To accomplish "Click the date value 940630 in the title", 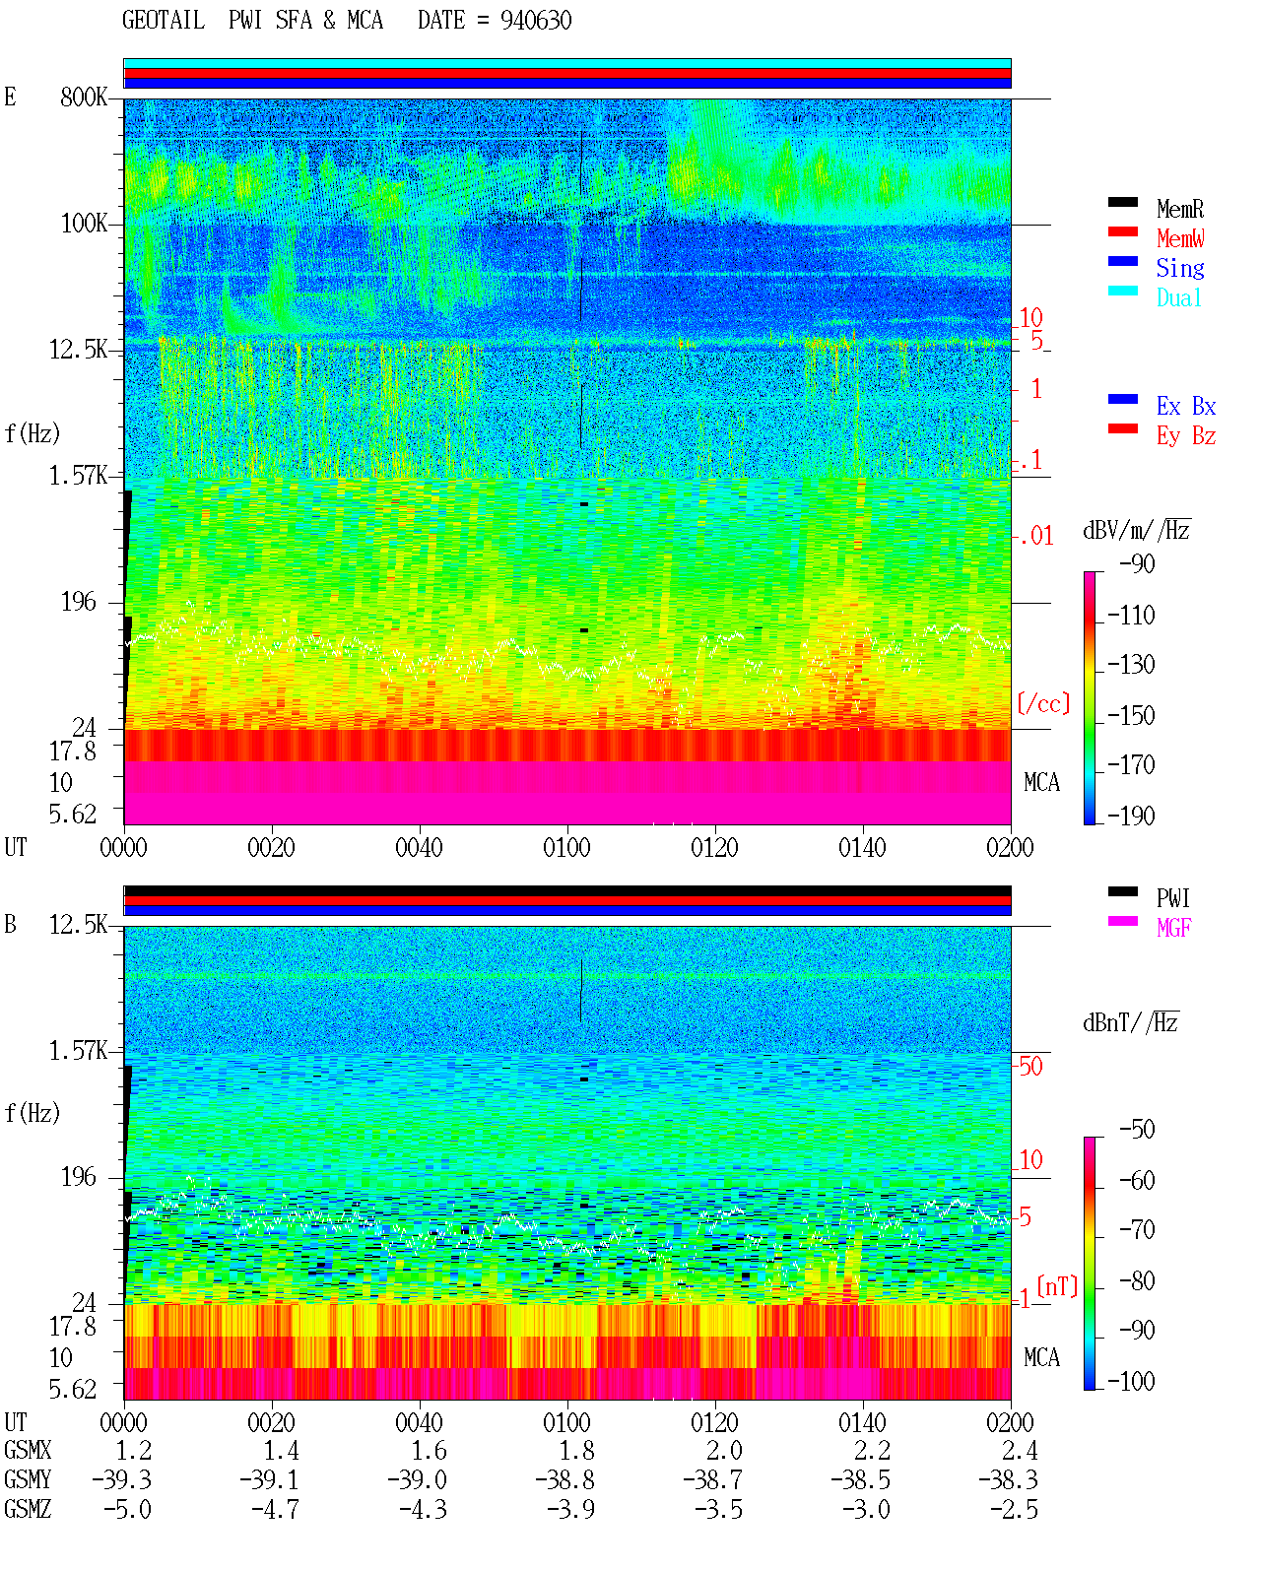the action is point(535,20).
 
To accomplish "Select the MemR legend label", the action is point(1180,209).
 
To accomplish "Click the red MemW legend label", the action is point(1180,237).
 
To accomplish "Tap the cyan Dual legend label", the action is point(1178,297).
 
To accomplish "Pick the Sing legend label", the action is point(1180,268).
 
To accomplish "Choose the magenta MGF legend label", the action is point(1173,928).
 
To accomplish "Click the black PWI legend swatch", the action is point(1122,891).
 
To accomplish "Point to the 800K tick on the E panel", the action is point(84,97).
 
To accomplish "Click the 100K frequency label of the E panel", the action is point(84,224).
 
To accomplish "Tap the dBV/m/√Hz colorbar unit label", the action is point(1136,530).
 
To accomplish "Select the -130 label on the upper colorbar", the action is point(1131,664).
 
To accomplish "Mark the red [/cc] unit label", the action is point(1043,703).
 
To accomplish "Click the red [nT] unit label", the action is point(1057,1286).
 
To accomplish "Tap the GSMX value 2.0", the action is point(724,1451).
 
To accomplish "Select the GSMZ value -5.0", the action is point(127,1509).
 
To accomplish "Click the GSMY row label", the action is point(28,1479).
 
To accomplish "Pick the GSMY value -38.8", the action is point(565,1480).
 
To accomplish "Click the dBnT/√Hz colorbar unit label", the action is point(1131,1023).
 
